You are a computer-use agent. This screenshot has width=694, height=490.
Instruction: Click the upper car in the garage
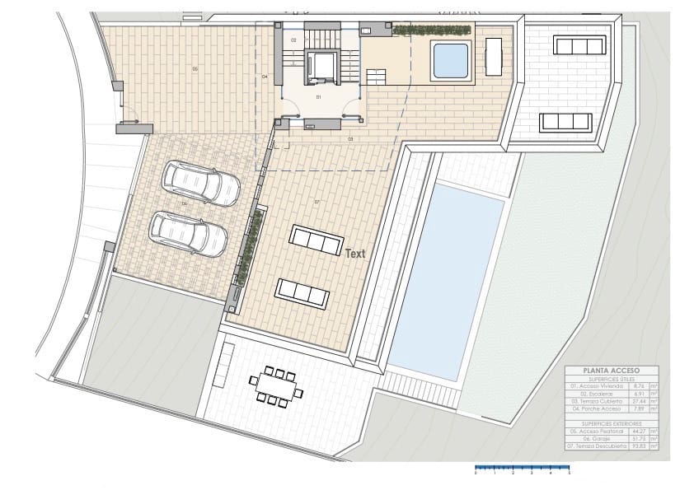tap(201, 183)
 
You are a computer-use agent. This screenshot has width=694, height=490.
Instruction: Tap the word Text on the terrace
tap(354, 254)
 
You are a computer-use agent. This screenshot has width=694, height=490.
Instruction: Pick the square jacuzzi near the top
tap(450, 59)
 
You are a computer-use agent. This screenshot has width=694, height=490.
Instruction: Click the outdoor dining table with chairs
tap(276, 387)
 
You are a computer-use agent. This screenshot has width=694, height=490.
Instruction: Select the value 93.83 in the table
tap(637, 446)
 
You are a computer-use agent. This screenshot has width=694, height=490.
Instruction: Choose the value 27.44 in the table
tap(637, 400)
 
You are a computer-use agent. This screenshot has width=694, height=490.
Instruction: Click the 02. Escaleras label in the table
tap(588, 393)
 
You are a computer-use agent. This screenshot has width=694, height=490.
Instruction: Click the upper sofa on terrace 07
tap(317, 240)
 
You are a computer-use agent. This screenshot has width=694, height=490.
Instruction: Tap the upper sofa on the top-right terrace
tap(580, 44)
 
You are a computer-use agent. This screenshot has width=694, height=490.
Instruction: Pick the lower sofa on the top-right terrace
tap(566, 122)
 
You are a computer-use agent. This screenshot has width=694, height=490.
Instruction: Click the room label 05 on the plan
tap(195, 69)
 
